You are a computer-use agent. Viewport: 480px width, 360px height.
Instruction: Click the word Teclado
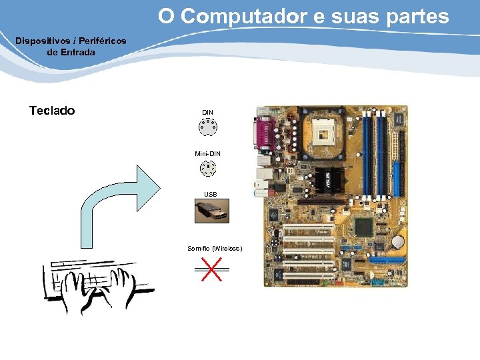click(x=52, y=111)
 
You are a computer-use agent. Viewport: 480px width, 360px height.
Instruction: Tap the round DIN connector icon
click(x=208, y=127)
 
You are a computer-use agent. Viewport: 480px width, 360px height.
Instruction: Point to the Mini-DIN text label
click(x=207, y=153)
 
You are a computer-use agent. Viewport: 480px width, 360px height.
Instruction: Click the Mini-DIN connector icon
click(x=208, y=169)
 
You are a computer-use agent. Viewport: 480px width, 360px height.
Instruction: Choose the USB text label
click(x=210, y=195)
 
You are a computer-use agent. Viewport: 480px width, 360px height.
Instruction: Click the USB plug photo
click(x=211, y=211)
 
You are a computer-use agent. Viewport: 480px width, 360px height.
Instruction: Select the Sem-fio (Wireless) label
click(x=215, y=249)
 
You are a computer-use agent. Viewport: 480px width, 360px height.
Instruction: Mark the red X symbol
click(x=211, y=269)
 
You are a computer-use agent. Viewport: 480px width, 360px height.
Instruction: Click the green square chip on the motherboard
click(x=363, y=226)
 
